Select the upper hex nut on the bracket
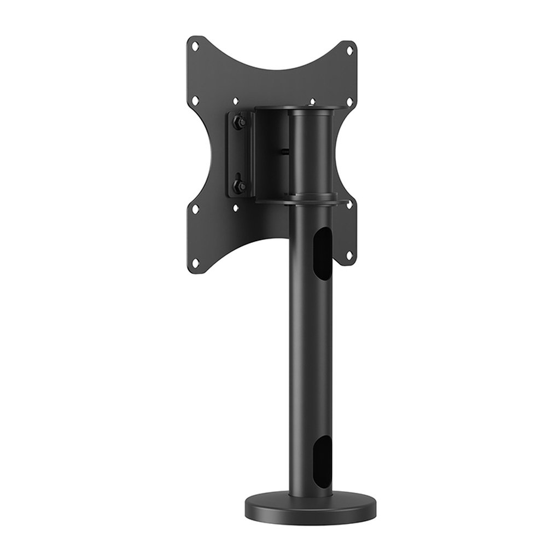tap(238, 123)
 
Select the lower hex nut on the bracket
tap(238, 185)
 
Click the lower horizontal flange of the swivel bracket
tap(301, 201)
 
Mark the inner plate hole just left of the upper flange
tap(236, 101)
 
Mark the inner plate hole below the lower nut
tap(236, 208)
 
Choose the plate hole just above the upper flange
tap(312, 101)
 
